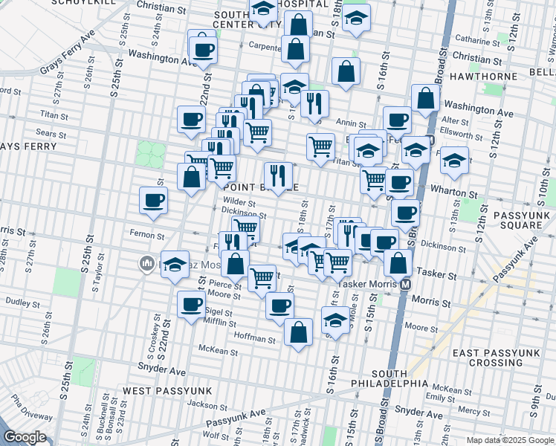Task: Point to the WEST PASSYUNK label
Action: coord(167,390)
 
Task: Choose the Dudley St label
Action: coord(22,303)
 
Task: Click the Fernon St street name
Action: coord(146,236)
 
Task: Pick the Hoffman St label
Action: coord(256,339)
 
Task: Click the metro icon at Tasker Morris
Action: coord(405,284)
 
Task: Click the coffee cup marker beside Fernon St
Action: coord(153,200)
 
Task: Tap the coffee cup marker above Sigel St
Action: coord(191,304)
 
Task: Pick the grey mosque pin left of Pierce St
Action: coord(146,262)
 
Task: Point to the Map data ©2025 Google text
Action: coord(509,439)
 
